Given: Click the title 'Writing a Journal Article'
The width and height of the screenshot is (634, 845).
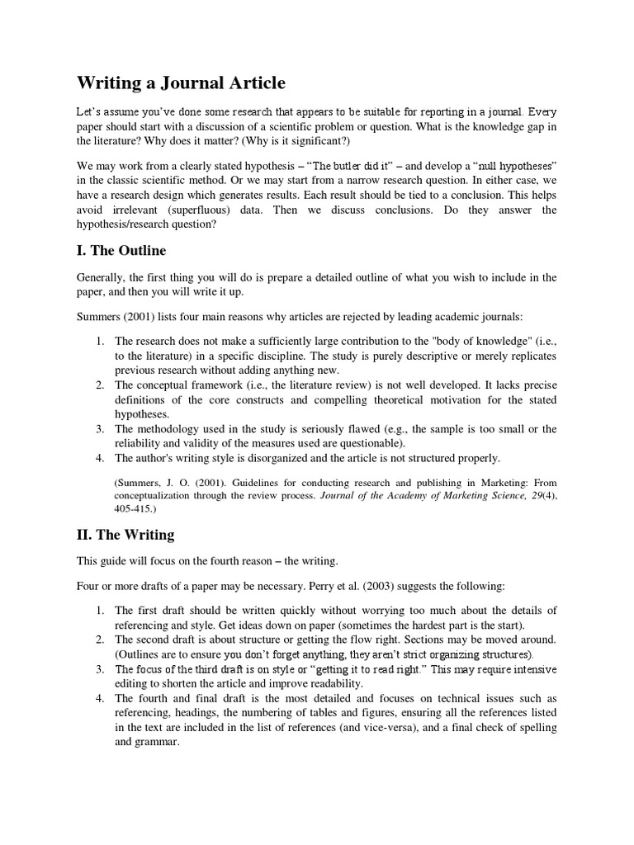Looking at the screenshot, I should (181, 83).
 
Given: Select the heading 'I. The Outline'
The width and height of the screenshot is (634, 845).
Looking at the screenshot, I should (121, 250).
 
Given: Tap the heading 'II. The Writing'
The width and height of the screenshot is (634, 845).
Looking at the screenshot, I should (125, 535).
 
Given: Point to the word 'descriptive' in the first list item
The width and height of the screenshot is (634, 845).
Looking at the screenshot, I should (446, 356).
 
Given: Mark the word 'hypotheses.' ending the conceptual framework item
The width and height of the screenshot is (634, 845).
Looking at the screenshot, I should (141, 414).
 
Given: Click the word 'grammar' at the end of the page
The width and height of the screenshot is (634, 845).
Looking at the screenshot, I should (157, 741).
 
